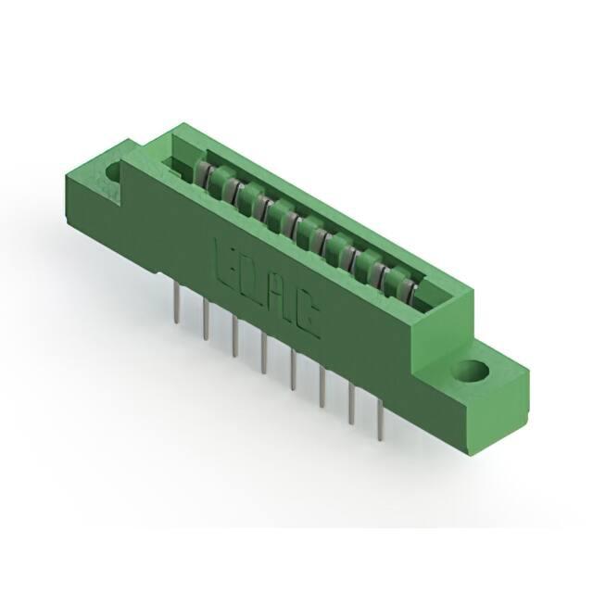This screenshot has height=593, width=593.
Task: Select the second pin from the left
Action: click(206, 319)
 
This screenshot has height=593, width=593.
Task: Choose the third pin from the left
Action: click(234, 336)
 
